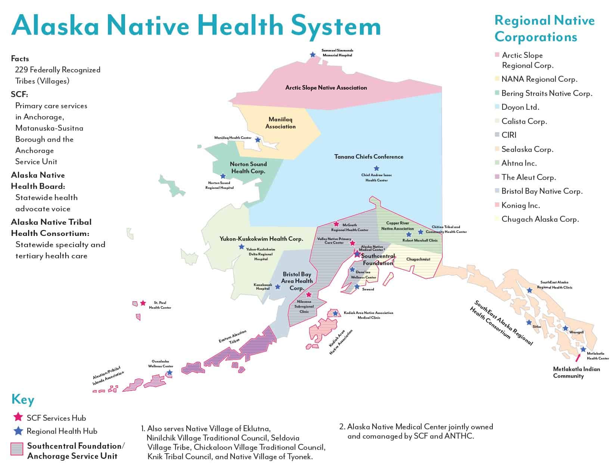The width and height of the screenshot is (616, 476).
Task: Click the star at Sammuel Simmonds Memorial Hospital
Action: (x=313, y=55)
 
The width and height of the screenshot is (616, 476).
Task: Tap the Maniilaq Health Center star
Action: (x=258, y=140)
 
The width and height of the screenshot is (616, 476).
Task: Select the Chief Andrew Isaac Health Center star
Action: (x=376, y=168)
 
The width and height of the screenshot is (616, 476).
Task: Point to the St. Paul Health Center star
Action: (x=143, y=303)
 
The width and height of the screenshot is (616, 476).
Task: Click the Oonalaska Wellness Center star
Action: (x=169, y=373)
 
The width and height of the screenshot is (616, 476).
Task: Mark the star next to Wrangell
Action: (x=565, y=329)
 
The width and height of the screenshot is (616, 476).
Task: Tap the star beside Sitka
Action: (x=529, y=323)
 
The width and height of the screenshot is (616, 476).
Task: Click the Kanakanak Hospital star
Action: (x=277, y=287)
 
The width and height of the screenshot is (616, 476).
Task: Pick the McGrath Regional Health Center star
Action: (x=336, y=224)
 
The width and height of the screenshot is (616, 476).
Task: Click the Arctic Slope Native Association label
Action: (x=326, y=88)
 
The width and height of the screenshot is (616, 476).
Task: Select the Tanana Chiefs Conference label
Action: (x=368, y=157)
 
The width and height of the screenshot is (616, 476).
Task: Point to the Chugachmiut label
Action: (x=418, y=259)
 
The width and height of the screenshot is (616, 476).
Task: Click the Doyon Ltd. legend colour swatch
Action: (x=497, y=107)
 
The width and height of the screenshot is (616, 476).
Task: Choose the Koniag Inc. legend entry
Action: (x=520, y=205)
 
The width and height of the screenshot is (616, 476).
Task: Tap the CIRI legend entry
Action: (x=509, y=135)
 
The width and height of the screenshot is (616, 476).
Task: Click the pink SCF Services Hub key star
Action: (x=18, y=417)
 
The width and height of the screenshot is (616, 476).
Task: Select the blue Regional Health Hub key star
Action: (x=18, y=431)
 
